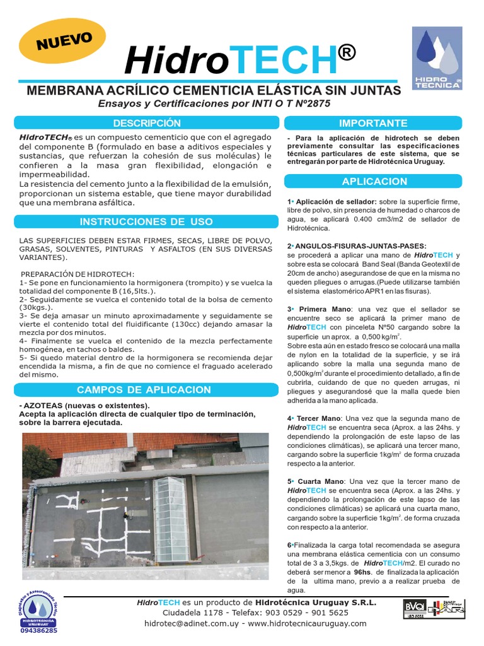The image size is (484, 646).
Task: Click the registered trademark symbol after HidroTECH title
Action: tap(347, 54)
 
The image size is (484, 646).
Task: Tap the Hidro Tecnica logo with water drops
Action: tap(437, 58)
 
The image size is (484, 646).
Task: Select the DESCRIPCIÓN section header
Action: tap(146, 123)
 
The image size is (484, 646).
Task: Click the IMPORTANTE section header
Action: tap(373, 123)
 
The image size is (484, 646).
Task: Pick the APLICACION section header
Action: tap(374, 181)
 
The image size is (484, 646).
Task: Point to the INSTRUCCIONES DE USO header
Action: tap(146, 221)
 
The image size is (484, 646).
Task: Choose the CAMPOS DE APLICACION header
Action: tap(144, 389)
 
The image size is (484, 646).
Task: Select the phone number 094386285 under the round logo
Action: tap(38, 630)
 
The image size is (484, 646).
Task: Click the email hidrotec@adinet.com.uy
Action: tap(187, 623)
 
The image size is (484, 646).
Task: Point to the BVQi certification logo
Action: tap(414, 610)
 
